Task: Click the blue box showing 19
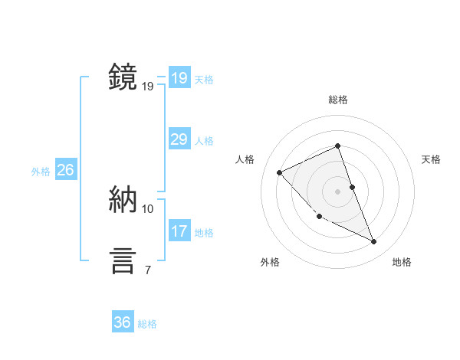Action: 179,78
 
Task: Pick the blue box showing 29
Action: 179,139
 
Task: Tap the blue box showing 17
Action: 179,231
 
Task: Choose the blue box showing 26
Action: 65,170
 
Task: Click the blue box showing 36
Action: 122,322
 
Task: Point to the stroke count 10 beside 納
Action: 147,208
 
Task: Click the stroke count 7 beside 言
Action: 147,270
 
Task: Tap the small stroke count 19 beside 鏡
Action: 147,86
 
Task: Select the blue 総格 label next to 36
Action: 147,324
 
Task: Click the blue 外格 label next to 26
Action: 41,172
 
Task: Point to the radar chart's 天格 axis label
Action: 431,159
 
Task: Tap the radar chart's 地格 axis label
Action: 402,262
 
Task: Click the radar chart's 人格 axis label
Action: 245,159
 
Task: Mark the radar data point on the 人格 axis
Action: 279,172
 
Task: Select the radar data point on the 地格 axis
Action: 374,242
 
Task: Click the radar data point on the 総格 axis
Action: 337,146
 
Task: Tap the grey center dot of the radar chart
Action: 337,191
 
